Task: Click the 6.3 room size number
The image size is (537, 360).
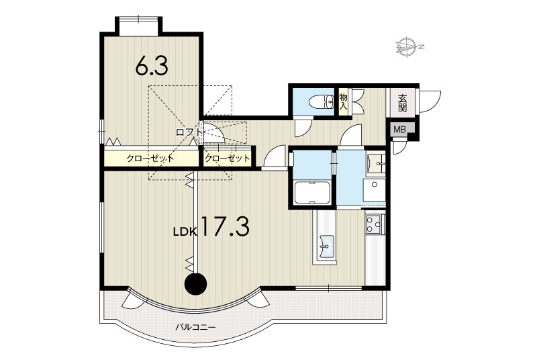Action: (x=152, y=66)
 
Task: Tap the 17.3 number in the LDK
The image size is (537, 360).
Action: (x=225, y=226)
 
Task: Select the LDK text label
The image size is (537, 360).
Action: (x=185, y=232)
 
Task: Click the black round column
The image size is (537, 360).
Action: (x=196, y=283)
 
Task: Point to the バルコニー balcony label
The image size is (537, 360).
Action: (x=195, y=328)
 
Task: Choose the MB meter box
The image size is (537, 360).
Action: (x=399, y=130)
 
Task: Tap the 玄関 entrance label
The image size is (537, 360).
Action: (x=402, y=103)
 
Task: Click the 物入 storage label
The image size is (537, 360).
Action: (x=343, y=101)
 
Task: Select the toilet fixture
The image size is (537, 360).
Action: (x=322, y=101)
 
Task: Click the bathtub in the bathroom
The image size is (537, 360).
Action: (x=312, y=193)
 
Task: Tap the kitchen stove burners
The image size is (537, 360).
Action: (x=374, y=225)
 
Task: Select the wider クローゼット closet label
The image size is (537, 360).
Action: (x=150, y=159)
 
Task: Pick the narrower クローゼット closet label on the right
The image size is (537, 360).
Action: (x=228, y=159)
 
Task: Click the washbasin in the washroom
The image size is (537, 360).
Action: (x=376, y=164)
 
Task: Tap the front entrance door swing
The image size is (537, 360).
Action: (x=429, y=101)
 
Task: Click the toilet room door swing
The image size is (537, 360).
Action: (x=303, y=128)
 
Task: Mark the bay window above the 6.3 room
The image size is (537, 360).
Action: (x=138, y=26)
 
